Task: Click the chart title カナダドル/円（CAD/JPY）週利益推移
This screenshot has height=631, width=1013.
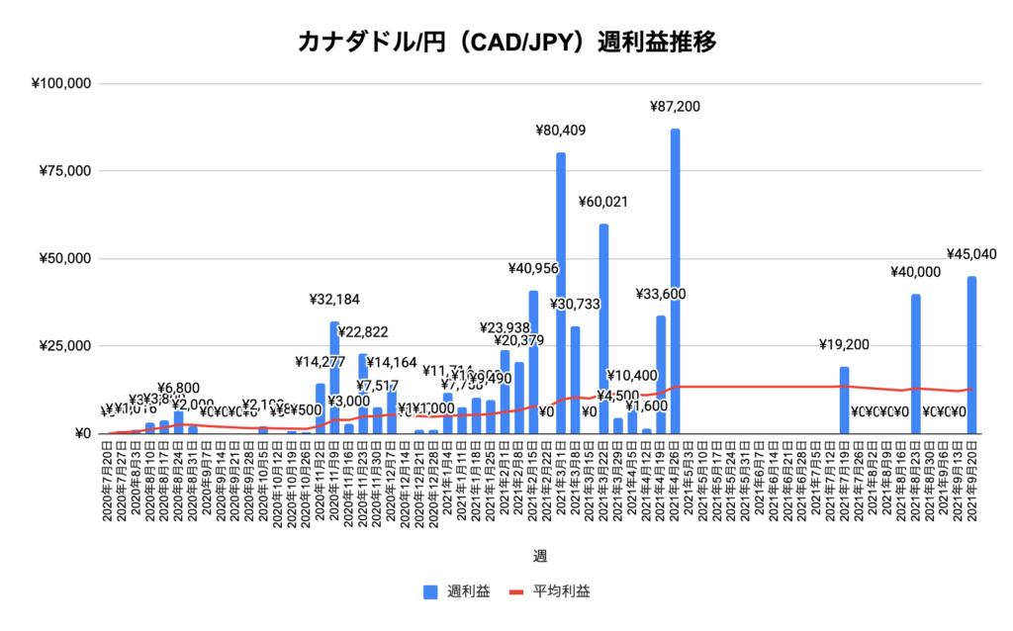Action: [x=506, y=43]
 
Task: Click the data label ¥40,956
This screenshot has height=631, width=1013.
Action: [x=533, y=268]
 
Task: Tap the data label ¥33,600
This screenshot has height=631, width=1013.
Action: [x=660, y=294]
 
